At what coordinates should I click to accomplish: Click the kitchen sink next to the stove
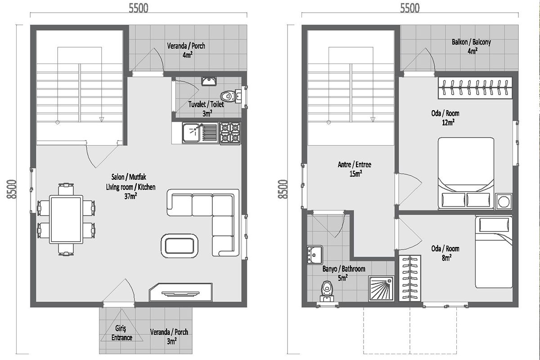click(200, 133)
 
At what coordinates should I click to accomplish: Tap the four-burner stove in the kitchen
click(230, 133)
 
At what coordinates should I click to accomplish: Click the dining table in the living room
click(66, 220)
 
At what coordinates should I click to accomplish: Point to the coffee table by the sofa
click(180, 246)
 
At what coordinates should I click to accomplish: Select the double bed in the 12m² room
click(466, 173)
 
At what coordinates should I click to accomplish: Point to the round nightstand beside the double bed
click(504, 201)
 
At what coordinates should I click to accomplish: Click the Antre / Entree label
click(355, 165)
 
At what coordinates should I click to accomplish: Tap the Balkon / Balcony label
click(471, 42)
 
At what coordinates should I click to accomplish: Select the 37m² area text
click(130, 196)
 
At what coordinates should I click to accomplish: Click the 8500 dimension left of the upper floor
click(283, 189)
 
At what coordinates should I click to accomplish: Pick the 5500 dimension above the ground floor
click(139, 8)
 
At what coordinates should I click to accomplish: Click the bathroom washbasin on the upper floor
click(315, 255)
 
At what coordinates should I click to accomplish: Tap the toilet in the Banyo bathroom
click(327, 291)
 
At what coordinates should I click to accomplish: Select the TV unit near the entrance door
click(180, 292)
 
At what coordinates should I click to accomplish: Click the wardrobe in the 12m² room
click(475, 88)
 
